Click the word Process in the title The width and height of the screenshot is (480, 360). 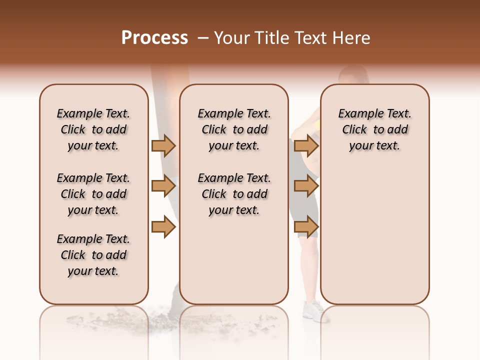154,38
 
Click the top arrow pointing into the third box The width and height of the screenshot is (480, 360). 306,145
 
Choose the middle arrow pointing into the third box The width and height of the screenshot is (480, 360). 306,186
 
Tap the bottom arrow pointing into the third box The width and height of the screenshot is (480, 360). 306,227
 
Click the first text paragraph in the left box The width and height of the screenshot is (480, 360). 93,129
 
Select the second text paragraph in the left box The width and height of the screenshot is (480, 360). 93,194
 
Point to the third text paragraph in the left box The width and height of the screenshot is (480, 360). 93,255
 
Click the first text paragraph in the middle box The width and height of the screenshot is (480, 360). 234,129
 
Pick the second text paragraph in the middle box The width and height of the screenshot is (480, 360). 234,194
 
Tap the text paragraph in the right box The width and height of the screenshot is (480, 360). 374,129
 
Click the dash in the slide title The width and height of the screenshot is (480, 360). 203,38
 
